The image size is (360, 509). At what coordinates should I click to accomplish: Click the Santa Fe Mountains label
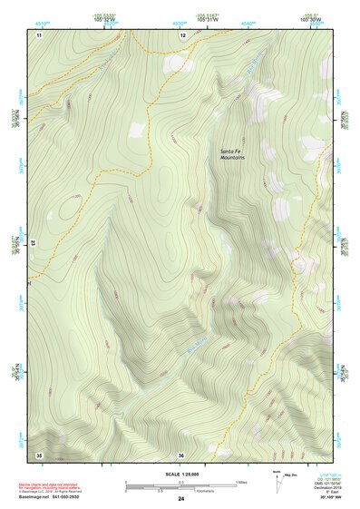[x=232, y=155]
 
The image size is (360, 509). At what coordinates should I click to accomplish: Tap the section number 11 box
[x=39, y=34]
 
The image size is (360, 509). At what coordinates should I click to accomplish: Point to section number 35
[x=39, y=454]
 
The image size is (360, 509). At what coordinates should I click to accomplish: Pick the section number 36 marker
[x=181, y=454]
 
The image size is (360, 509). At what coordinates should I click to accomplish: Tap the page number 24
[x=181, y=498]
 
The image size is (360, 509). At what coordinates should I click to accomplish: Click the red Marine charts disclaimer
[x=60, y=485]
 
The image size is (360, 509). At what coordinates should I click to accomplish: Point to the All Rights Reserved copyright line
[x=60, y=492]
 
